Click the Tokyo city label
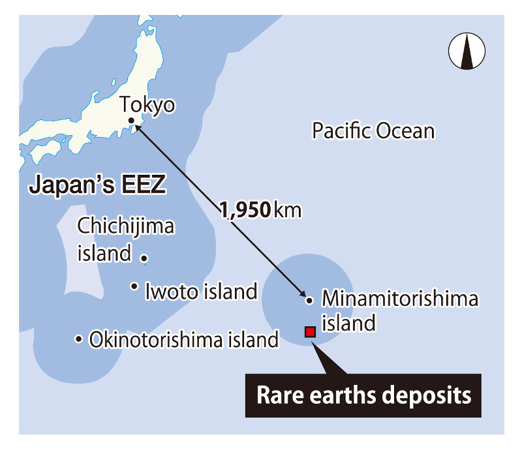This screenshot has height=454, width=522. (x=147, y=105)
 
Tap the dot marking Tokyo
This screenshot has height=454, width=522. (x=132, y=121)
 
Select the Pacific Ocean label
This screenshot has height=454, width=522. (x=373, y=131)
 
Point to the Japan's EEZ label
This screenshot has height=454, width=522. (x=97, y=185)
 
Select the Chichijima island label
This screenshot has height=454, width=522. (x=125, y=239)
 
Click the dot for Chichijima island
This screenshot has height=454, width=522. (x=144, y=258)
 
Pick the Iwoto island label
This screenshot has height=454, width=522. (x=201, y=291)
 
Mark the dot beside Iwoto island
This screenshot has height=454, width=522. (x=134, y=286)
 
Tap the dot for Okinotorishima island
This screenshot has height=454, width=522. (x=78, y=339)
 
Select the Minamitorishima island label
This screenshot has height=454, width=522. (x=400, y=310)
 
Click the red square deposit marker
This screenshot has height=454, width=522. (x=310, y=332)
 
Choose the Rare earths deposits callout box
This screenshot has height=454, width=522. (x=363, y=395)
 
